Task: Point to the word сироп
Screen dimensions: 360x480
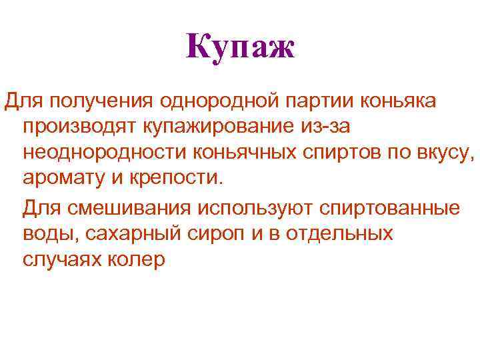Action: (227, 235)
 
